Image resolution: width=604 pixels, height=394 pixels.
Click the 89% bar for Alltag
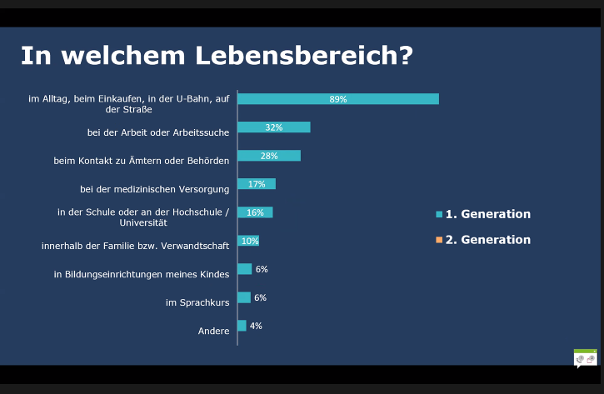point(338,99)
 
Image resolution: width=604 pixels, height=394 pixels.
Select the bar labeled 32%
point(274,127)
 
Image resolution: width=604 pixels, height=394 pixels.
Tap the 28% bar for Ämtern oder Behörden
point(269,156)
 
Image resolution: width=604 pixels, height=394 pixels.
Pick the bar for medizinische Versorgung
point(257,184)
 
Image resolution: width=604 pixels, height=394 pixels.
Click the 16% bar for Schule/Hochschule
point(255,212)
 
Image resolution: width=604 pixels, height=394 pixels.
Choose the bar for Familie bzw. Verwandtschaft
point(248,241)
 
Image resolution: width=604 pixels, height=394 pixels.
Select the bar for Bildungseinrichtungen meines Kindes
point(245,269)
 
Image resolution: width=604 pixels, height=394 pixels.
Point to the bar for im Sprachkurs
point(244,297)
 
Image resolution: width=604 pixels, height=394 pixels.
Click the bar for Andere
point(242,326)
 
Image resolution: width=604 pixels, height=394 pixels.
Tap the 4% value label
point(256,326)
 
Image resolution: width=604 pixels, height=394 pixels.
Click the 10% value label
point(250,241)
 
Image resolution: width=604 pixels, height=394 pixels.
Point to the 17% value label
point(257,184)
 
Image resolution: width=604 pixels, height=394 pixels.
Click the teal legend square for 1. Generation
point(439,214)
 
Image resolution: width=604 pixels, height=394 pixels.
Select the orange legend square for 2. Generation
point(439,240)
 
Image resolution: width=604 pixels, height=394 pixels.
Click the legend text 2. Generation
point(488,240)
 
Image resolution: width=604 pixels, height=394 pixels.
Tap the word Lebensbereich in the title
point(304,56)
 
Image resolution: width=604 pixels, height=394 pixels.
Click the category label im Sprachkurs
point(197,302)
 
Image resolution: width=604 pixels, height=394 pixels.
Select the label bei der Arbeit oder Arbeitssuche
point(158,132)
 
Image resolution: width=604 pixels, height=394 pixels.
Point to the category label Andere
point(214,331)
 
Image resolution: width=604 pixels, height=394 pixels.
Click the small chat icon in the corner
point(585,359)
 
